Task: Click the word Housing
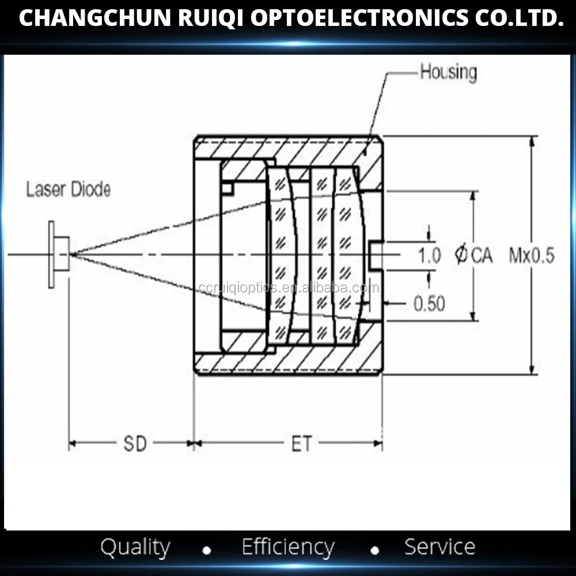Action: click(448, 73)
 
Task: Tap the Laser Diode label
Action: click(68, 190)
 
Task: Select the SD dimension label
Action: click(135, 444)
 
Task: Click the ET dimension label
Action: click(301, 444)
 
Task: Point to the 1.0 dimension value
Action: click(429, 255)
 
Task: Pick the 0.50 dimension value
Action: click(429, 304)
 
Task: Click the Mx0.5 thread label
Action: click(531, 255)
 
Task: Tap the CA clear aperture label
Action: click(482, 255)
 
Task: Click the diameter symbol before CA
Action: click(461, 255)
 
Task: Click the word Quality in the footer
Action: click(135, 547)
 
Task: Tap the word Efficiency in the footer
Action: click(287, 547)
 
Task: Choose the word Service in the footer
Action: click(439, 547)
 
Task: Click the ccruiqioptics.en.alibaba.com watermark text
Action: click(289, 288)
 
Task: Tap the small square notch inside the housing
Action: click(227, 188)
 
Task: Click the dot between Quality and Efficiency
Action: click(207, 551)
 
